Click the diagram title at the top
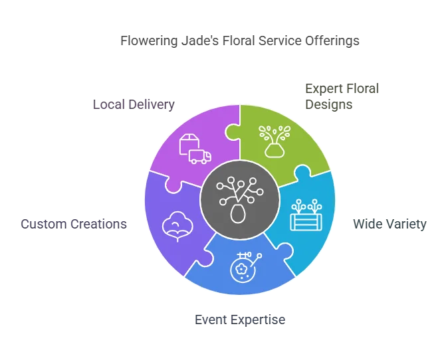pyautogui.click(x=239, y=41)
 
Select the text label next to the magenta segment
pyautogui.click(x=133, y=105)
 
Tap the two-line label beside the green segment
pyautogui.click(x=342, y=96)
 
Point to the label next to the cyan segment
pyautogui.click(x=390, y=223)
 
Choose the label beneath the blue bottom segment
pyautogui.click(x=239, y=319)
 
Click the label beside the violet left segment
pyautogui.click(x=72, y=223)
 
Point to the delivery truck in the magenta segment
pyautogui.click(x=200, y=157)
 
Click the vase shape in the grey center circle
pyautogui.click(x=237, y=215)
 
